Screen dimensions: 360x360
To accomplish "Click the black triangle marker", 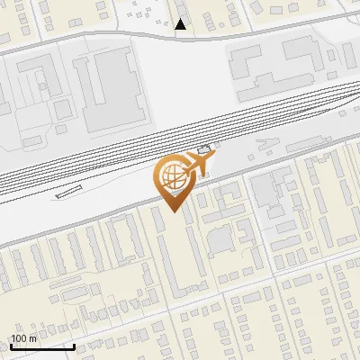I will (x=181, y=24).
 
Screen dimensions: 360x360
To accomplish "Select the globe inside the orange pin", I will (x=172, y=176).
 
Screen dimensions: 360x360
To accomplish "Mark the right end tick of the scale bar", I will (x=74, y=345).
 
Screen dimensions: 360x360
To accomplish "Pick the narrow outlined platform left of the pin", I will (x=68, y=191).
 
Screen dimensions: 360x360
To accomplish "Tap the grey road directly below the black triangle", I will (x=181, y=37).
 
